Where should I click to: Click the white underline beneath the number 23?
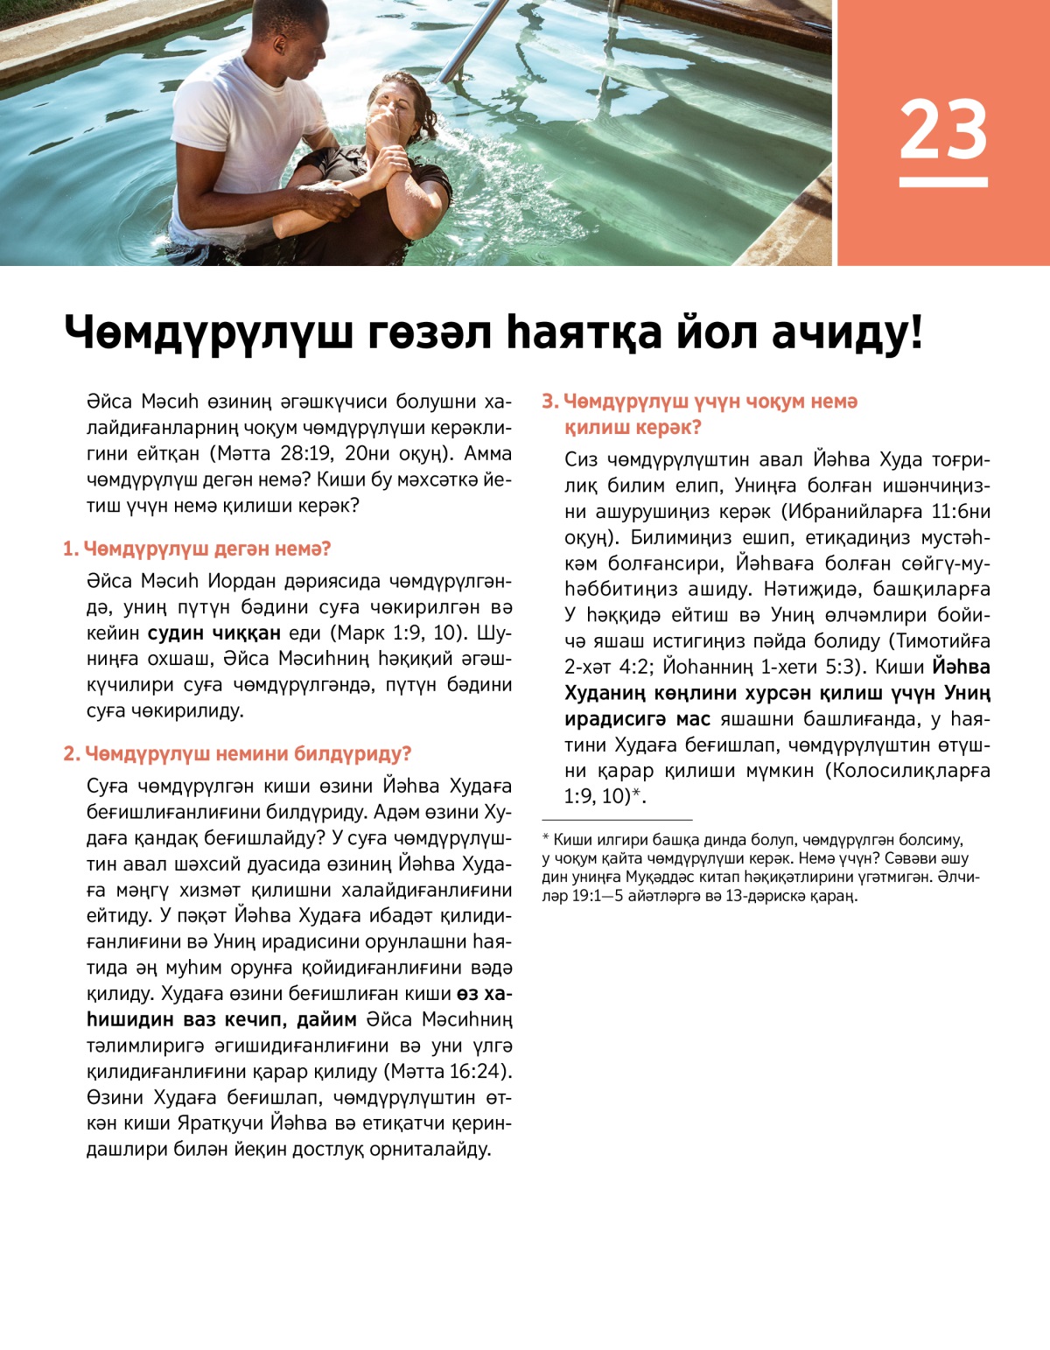[943, 182]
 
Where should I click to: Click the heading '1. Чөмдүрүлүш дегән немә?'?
[197, 549]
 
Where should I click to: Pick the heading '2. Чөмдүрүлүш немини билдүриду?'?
[237, 753]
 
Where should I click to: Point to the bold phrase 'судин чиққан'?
[213, 633]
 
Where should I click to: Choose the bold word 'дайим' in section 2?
[325, 1019]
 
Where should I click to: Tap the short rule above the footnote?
[617, 820]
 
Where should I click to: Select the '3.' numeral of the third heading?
[550, 402]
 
